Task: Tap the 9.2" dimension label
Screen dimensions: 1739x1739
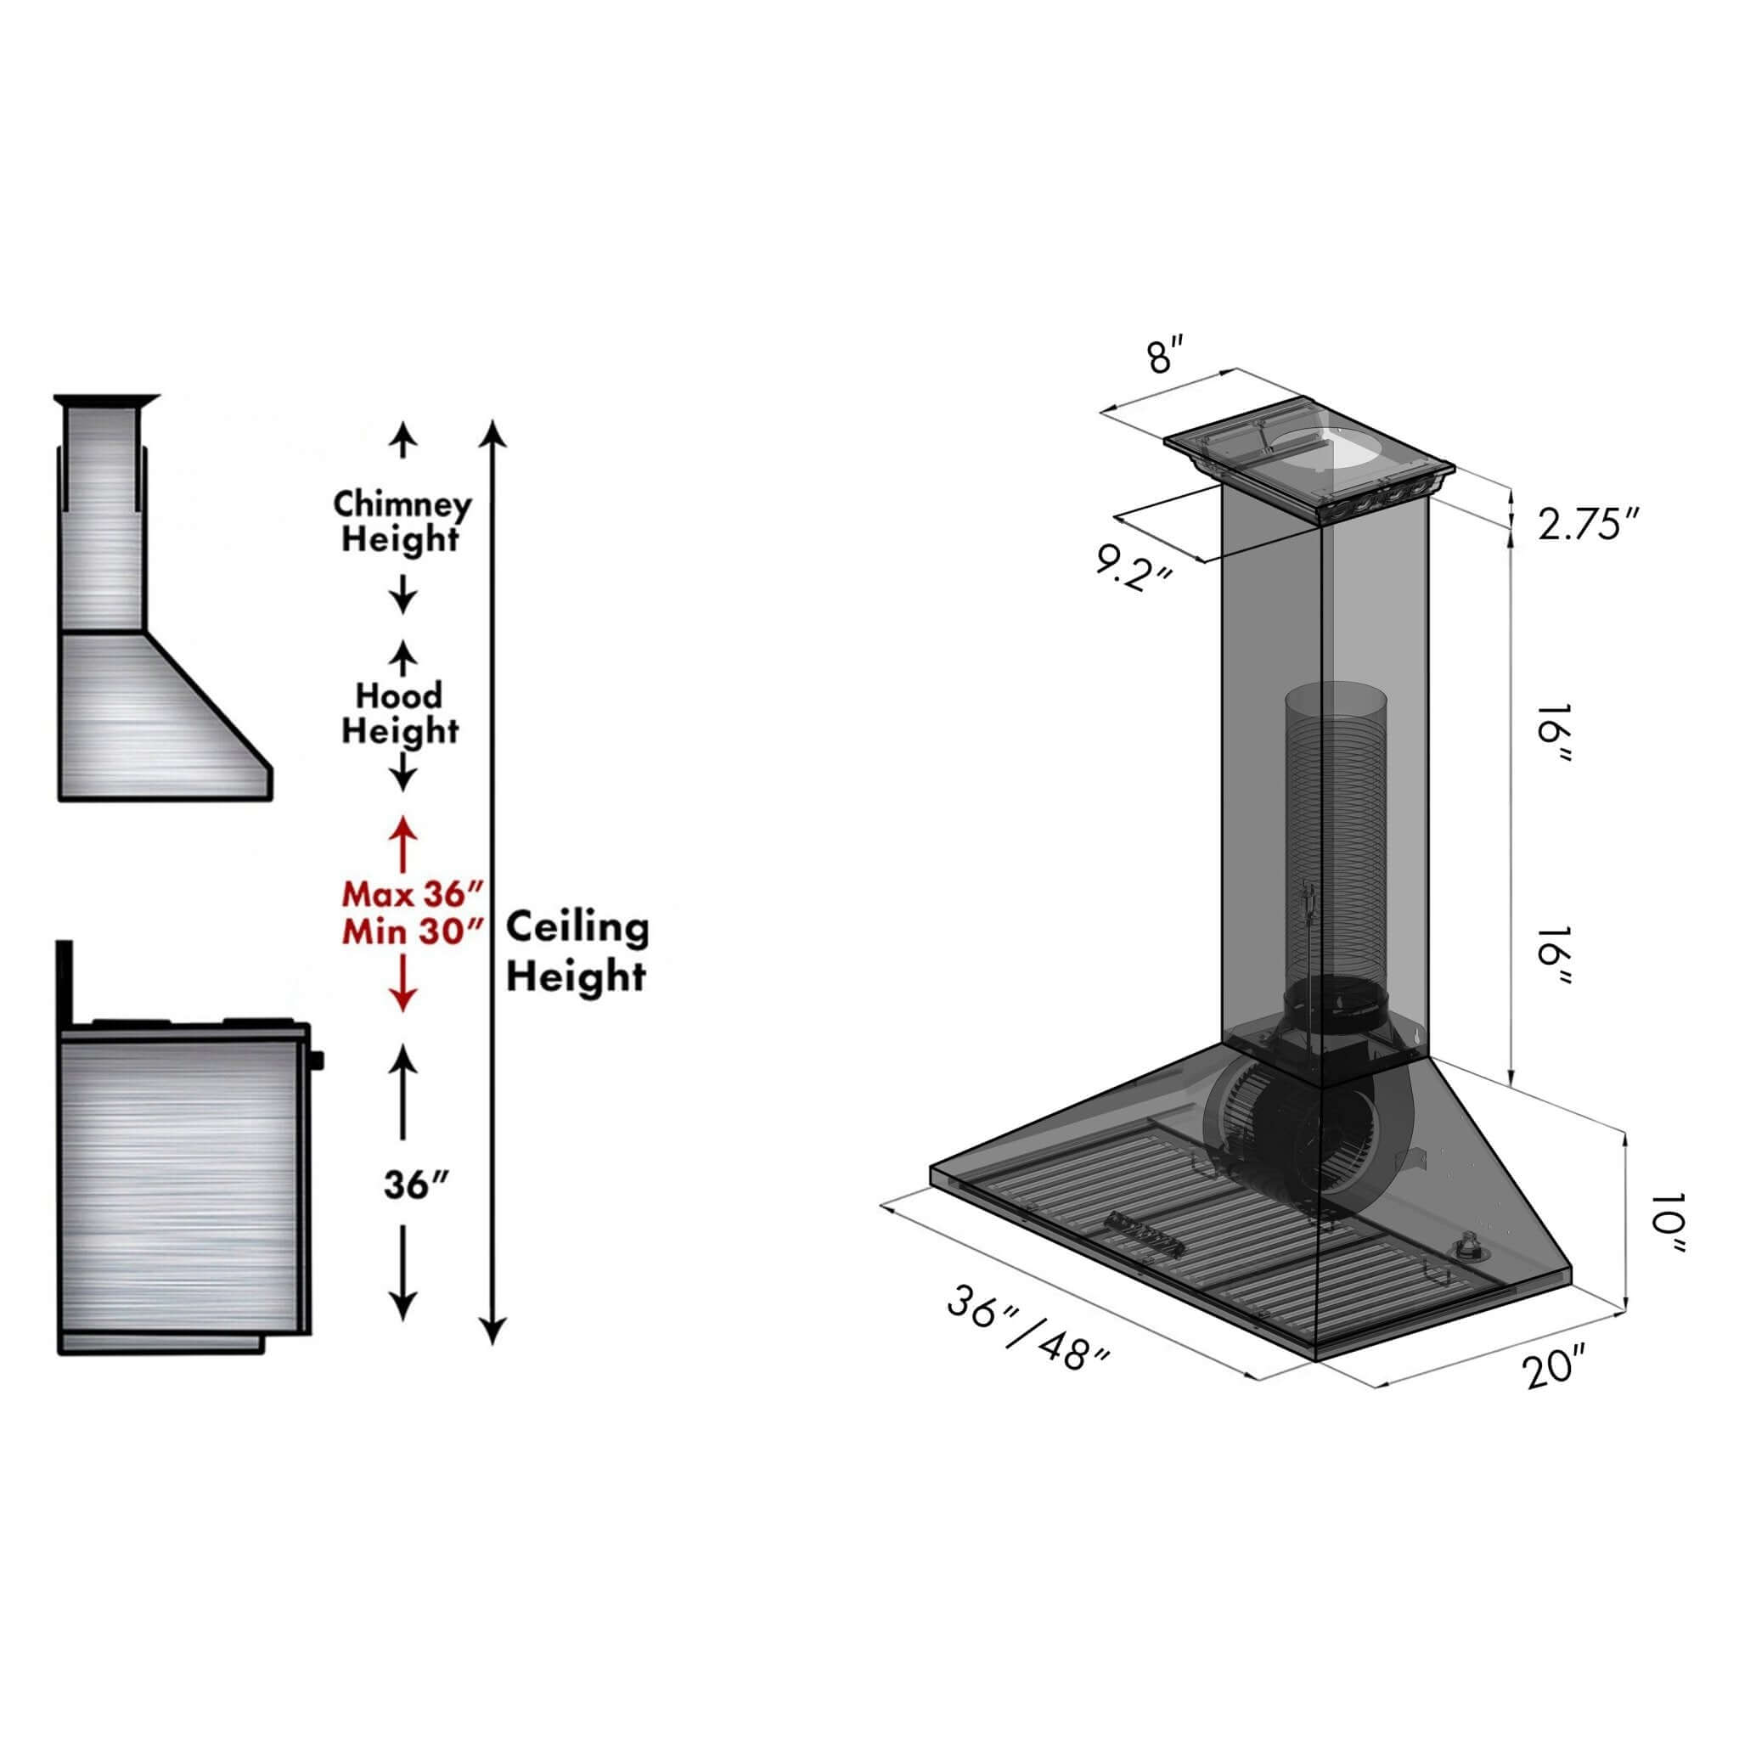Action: pos(1134,570)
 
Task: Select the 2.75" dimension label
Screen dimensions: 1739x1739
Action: pos(1589,524)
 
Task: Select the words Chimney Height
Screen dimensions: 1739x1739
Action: pos(402,522)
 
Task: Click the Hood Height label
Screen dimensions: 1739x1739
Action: pos(400,713)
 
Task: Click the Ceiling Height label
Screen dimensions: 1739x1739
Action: pos(576,951)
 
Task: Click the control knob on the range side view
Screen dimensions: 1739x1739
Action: pos(315,1061)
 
